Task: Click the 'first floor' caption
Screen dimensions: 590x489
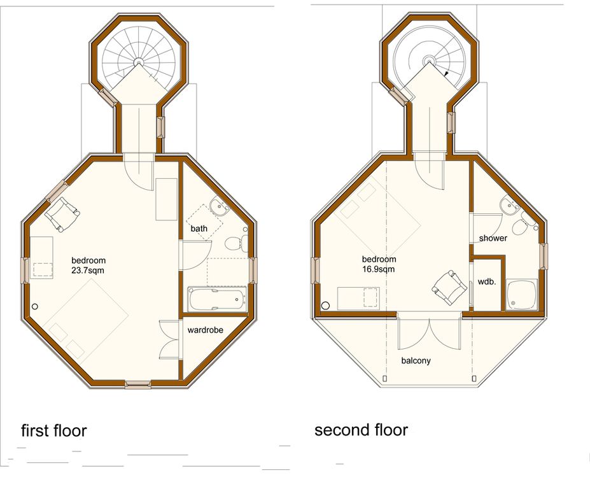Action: click(x=54, y=430)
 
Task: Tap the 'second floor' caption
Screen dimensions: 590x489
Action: click(x=362, y=430)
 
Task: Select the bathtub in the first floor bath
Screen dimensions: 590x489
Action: click(x=218, y=299)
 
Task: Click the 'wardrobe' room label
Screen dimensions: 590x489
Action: click(x=205, y=330)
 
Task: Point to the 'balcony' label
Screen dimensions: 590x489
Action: click(x=416, y=360)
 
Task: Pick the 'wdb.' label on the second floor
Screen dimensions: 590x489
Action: click(x=486, y=281)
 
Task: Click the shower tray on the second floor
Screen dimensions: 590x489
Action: click(x=521, y=294)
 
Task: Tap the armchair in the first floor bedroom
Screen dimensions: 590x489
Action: click(x=62, y=214)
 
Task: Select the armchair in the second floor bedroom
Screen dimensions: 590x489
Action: click(x=449, y=288)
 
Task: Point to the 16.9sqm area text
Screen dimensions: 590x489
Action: click(x=379, y=269)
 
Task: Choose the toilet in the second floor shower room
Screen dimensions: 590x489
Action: click(x=523, y=224)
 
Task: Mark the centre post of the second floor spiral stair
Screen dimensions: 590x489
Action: click(x=428, y=60)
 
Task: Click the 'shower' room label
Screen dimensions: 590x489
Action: click(x=493, y=238)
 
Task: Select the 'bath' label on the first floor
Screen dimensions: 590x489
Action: click(x=199, y=229)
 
